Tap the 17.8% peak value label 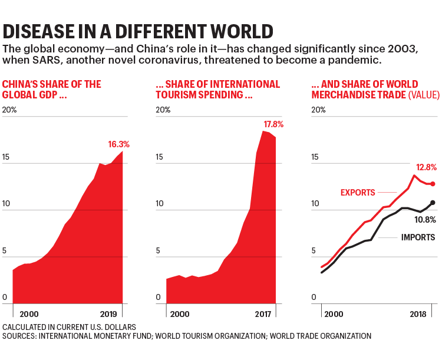pyautogui.click(x=273, y=124)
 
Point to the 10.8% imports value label pyautogui.click(x=425, y=220)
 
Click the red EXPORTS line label pyautogui.click(x=358, y=193)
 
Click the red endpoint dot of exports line pyautogui.click(x=433, y=184)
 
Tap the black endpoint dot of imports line pyautogui.click(x=433, y=203)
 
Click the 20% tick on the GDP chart pyautogui.click(x=10, y=110)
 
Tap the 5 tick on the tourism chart pyautogui.click(x=159, y=251)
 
